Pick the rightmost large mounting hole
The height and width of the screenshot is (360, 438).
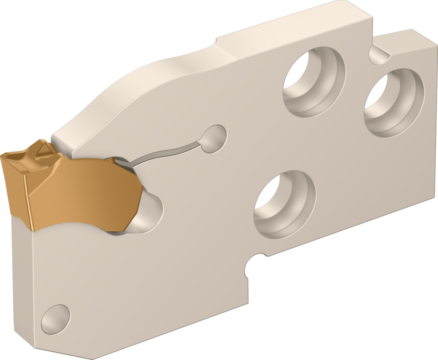point(394,103)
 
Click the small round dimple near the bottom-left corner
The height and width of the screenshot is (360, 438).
point(56,319)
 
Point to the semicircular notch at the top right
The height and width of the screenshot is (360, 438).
point(379,54)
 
